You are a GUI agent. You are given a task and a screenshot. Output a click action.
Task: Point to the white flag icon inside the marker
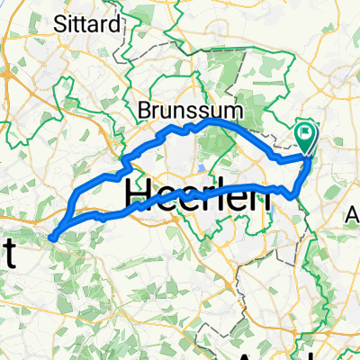point(307,136)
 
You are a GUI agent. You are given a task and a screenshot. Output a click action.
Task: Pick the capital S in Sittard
point(59,24)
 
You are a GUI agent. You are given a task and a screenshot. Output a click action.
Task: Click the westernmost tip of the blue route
point(51,238)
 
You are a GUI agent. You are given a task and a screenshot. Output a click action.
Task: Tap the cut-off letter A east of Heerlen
point(353,216)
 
